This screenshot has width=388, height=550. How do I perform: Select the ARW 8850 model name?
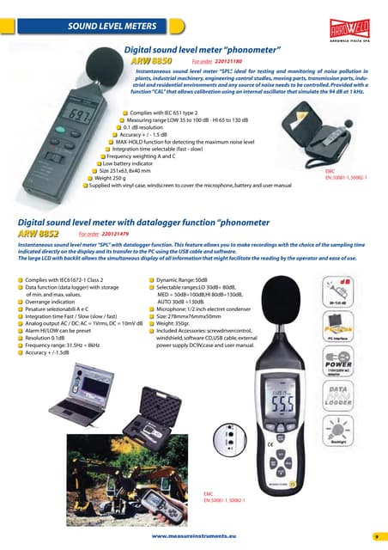pos(151,61)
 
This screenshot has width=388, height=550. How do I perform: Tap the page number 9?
pos(376,535)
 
